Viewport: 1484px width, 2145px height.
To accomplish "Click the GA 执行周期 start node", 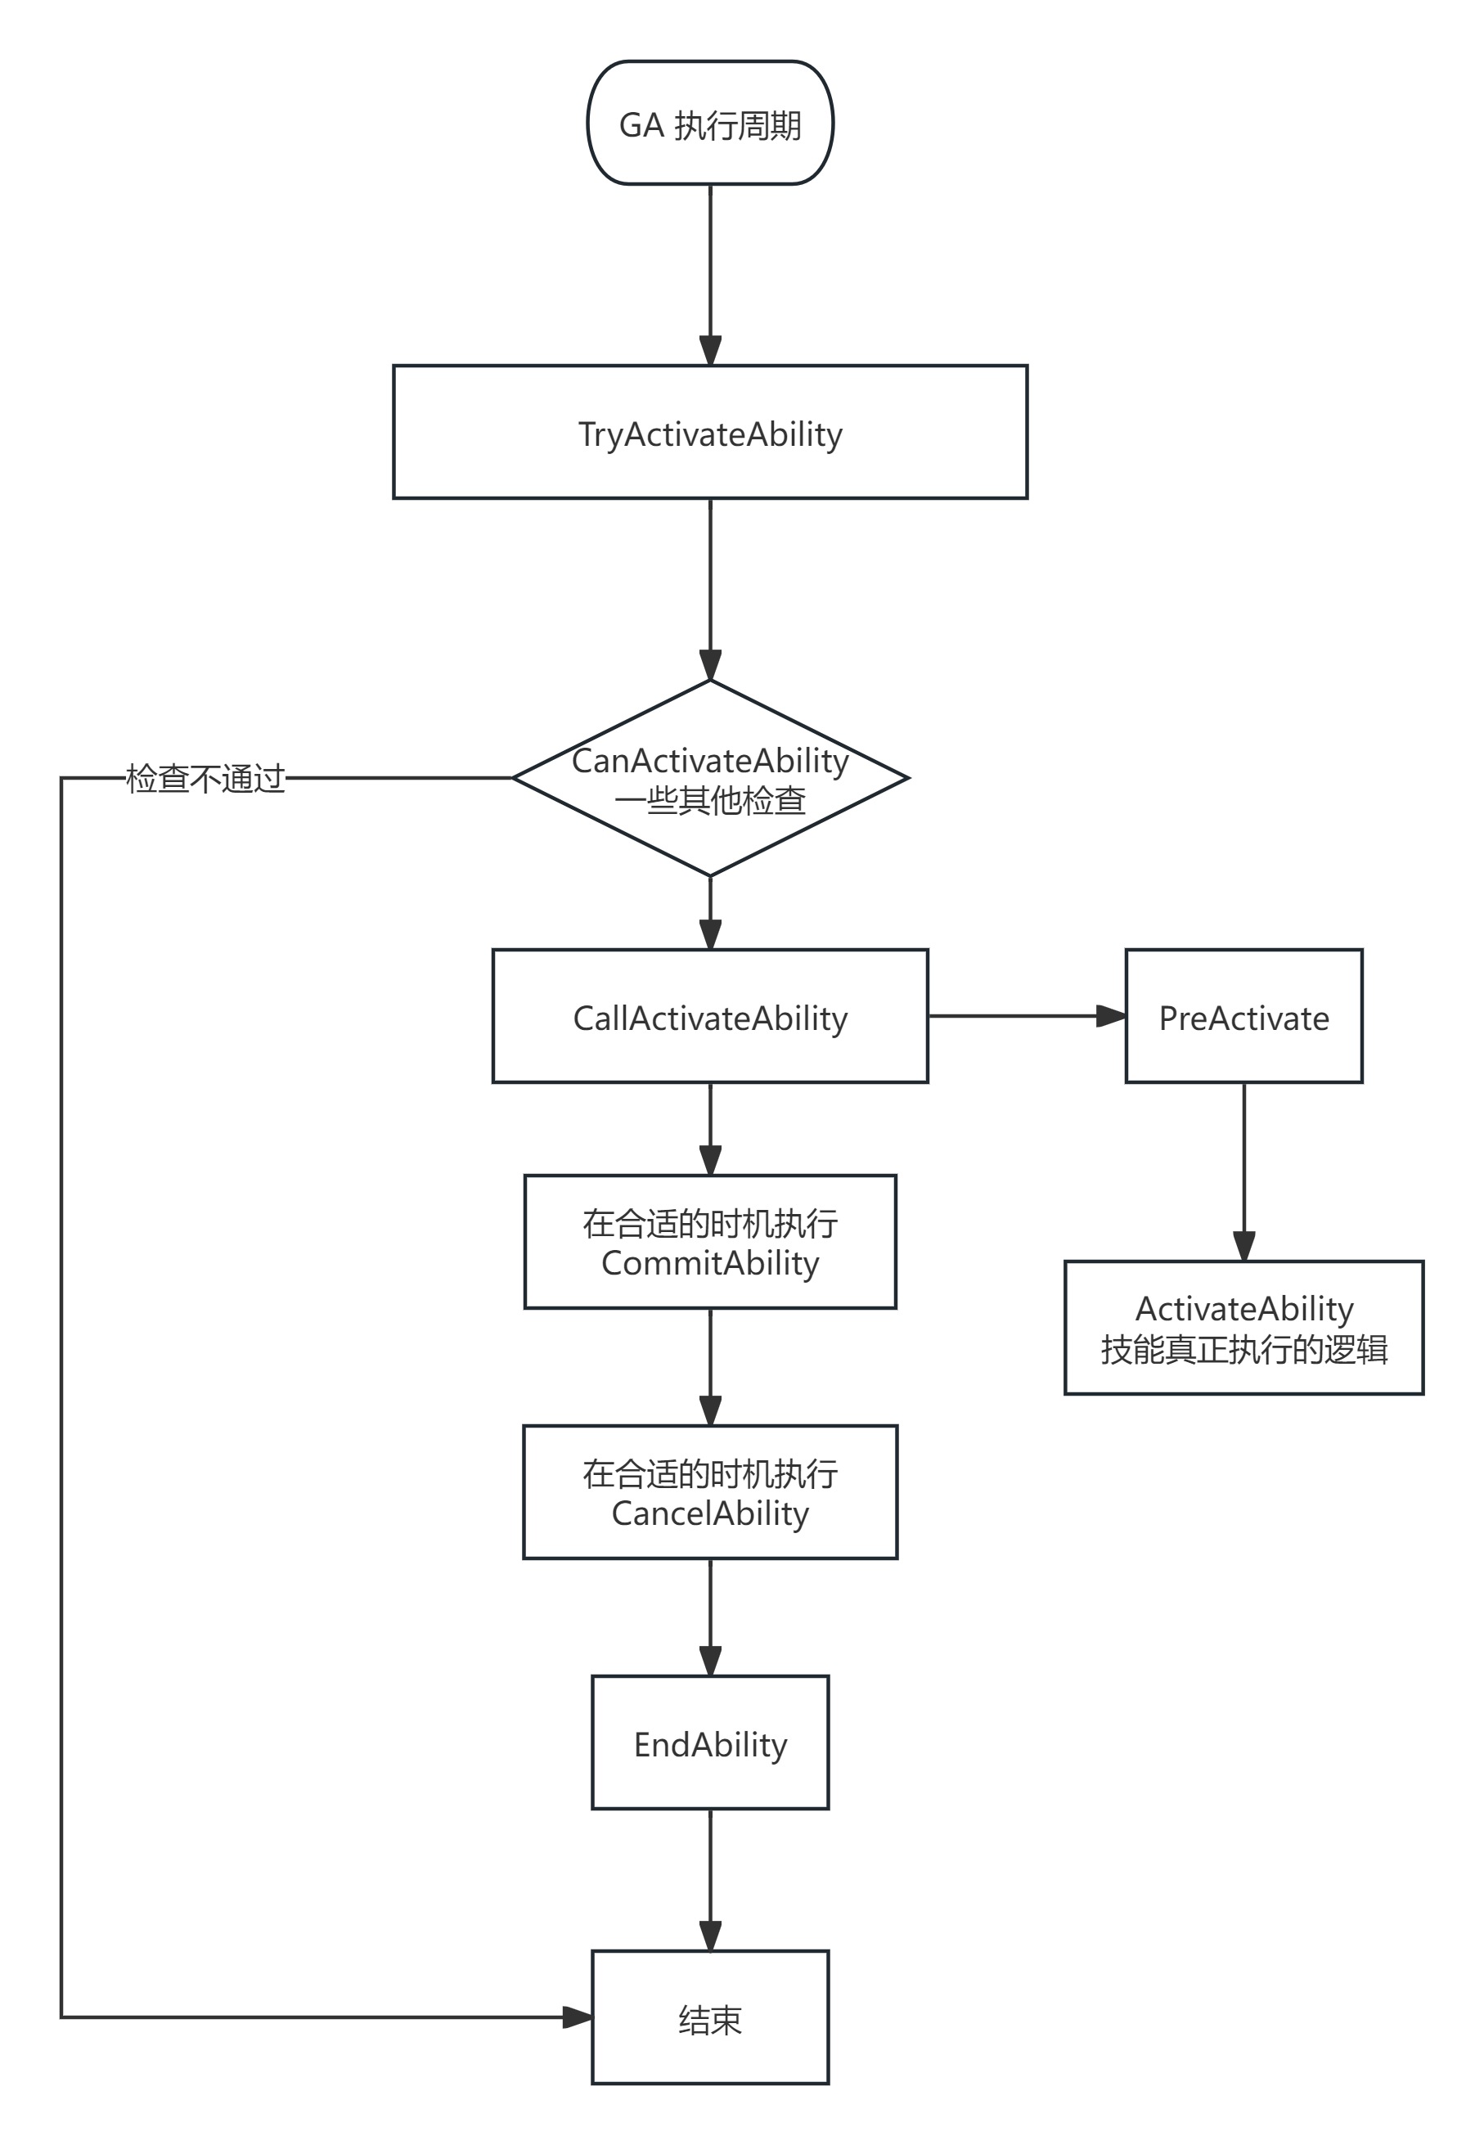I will coord(710,124).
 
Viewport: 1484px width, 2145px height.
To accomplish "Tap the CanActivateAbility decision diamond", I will coord(710,779).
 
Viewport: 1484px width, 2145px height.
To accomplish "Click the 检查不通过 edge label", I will coord(205,778).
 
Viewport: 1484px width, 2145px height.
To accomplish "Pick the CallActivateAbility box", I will coord(710,1017).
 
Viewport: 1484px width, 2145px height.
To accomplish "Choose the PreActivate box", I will coord(1243,1017).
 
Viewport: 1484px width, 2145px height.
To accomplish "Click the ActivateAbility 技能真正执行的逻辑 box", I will coord(1243,1328).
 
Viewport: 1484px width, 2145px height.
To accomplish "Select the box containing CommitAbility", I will coord(710,1242).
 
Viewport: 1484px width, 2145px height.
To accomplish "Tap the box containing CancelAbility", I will coord(710,1492).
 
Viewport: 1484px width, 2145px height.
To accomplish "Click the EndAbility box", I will coord(710,1743).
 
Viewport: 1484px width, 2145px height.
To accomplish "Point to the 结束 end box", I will coord(710,2017).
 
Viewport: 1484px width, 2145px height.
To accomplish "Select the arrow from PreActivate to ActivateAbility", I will coord(1244,1171).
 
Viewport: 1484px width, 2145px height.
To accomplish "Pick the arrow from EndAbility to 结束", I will coord(710,1879).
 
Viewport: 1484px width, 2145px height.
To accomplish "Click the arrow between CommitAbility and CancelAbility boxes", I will coord(710,1367).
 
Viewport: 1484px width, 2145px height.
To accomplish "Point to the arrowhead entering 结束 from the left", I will coord(578,2017).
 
